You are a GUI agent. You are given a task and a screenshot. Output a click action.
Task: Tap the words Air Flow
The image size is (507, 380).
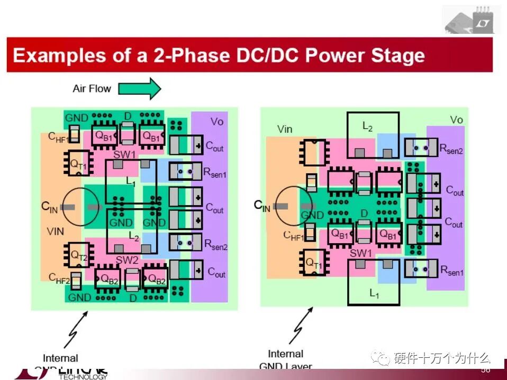click(92, 88)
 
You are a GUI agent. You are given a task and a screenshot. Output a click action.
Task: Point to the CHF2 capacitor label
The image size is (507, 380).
click(59, 278)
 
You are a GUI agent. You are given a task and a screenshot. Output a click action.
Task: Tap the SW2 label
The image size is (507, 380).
click(126, 260)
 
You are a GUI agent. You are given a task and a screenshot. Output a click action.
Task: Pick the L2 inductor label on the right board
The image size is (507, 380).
click(367, 126)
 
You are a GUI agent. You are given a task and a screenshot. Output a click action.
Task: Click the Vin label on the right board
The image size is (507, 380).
click(285, 129)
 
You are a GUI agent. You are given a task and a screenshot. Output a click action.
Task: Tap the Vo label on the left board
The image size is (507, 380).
click(216, 122)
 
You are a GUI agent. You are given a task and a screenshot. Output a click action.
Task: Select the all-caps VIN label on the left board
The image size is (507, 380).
click(55, 231)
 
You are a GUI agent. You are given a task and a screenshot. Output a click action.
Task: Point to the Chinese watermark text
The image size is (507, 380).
click(441, 358)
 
